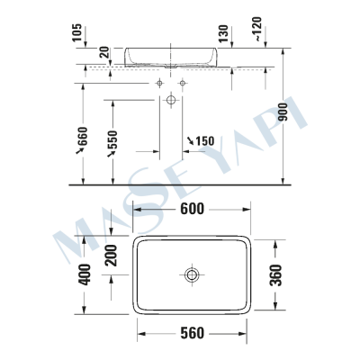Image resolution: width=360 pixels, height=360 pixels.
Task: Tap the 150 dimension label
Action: click(202, 140)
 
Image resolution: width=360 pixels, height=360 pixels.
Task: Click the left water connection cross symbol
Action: click(160, 83)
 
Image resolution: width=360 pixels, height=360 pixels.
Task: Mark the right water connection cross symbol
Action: click(182, 83)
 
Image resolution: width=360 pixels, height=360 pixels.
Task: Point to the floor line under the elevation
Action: click(180, 184)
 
